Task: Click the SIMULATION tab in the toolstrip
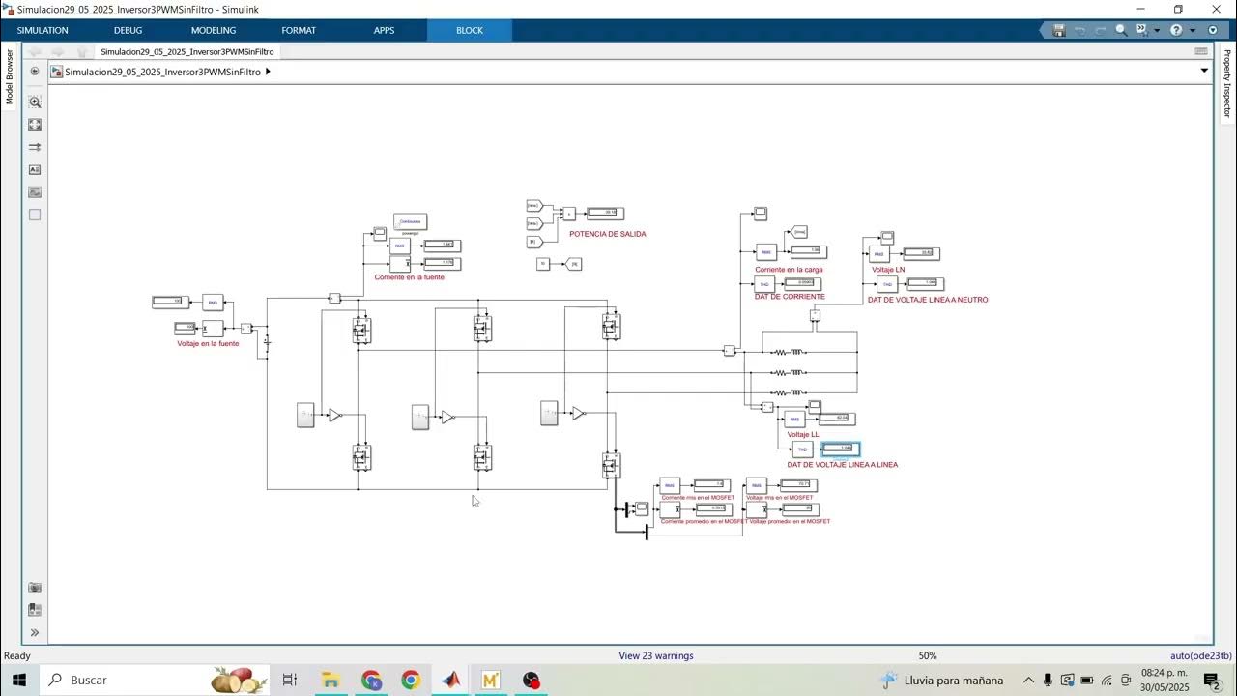click(x=43, y=30)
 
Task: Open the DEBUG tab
click(x=128, y=30)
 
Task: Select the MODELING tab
click(x=214, y=30)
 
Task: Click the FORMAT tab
click(x=299, y=30)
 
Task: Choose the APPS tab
click(x=384, y=30)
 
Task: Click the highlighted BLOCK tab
click(x=470, y=30)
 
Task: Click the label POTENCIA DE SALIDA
click(x=607, y=234)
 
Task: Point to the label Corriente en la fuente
click(x=409, y=277)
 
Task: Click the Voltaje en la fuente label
click(x=208, y=343)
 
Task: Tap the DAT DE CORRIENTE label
click(x=790, y=297)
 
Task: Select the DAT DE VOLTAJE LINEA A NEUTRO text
click(x=928, y=300)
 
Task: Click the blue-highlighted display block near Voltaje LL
click(x=840, y=449)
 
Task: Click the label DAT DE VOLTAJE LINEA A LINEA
click(x=842, y=465)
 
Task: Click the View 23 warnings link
click(x=656, y=655)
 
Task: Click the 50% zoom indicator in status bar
click(x=928, y=655)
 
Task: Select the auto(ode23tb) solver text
click(x=1200, y=655)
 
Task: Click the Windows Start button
click(x=18, y=680)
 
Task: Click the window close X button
click(x=1216, y=9)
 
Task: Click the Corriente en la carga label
click(x=789, y=270)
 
